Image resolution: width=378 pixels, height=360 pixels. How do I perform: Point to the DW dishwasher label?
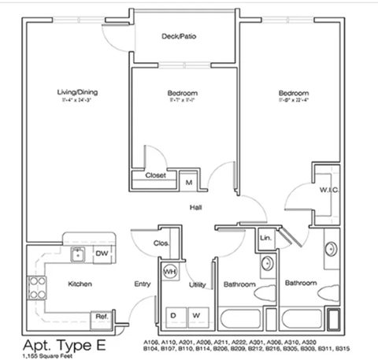pyautogui.click(x=101, y=254)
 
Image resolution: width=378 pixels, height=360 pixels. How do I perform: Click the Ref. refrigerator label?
pyautogui.click(x=102, y=316)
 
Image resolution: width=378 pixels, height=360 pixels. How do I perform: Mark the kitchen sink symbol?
pyautogui.click(x=77, y=254)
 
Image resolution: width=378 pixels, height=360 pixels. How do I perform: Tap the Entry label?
pyautogui.click(x=143, y=283)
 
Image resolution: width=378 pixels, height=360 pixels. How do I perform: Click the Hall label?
pyautogui.click(x=195, y=207)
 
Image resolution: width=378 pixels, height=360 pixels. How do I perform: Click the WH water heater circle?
pyautogui.click(x=169, y=270)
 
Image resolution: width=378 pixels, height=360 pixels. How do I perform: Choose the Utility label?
pyautogui.click(x=197, y=284)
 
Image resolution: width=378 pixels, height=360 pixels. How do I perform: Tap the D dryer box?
pyautogui.click(x=172, y=316)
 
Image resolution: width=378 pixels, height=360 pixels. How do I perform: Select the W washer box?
pyautogui.click(x=197, y=316)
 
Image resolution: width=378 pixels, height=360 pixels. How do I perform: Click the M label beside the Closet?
pyautogui.click(x=189, y=181)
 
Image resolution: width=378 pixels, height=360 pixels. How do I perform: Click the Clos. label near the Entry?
pyautogui.click(x=161, y=243)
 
